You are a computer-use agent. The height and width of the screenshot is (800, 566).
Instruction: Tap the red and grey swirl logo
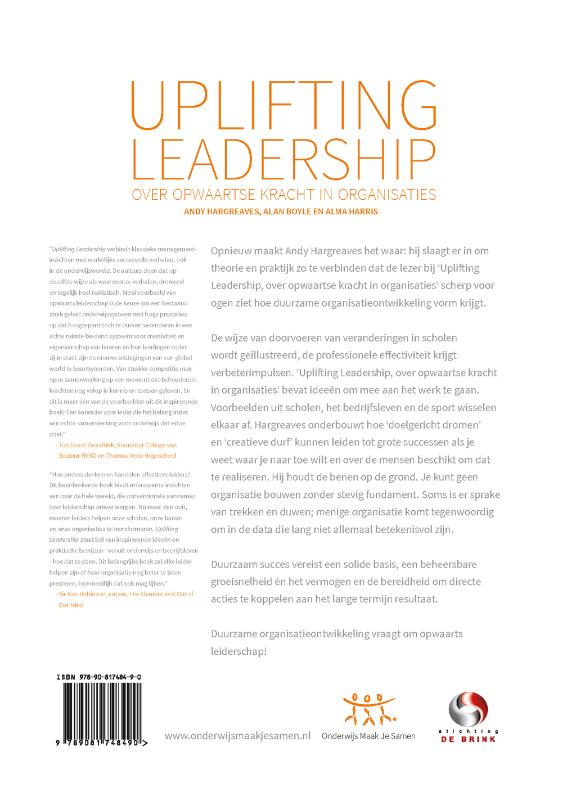(x=471, y=707)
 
